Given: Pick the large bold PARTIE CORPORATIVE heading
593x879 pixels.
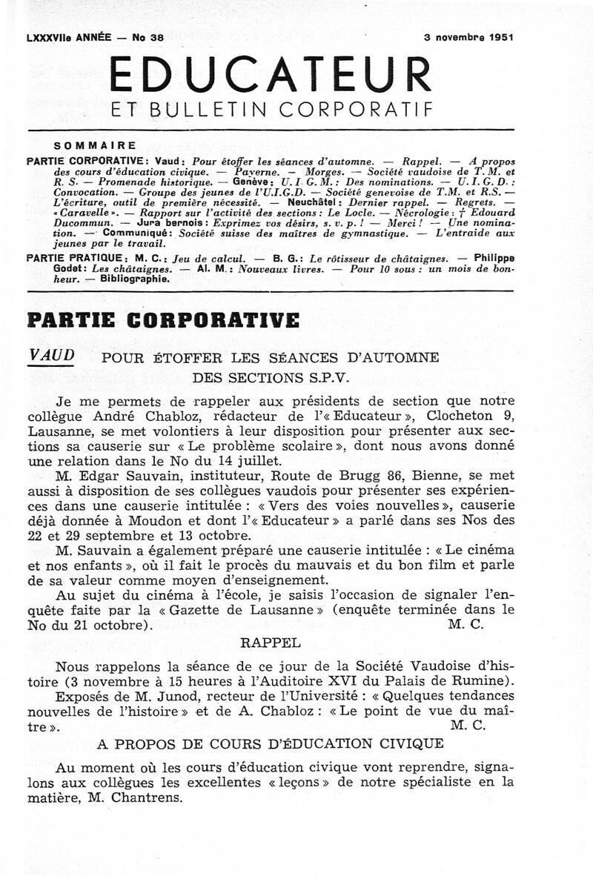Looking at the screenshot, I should click(x=163, y=320).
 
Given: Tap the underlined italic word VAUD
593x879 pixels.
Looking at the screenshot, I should click(x=51, y=355).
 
